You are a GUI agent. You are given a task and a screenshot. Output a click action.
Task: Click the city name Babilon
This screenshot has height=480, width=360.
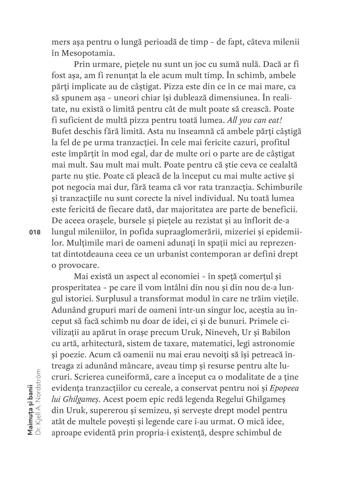coord(276,332)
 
